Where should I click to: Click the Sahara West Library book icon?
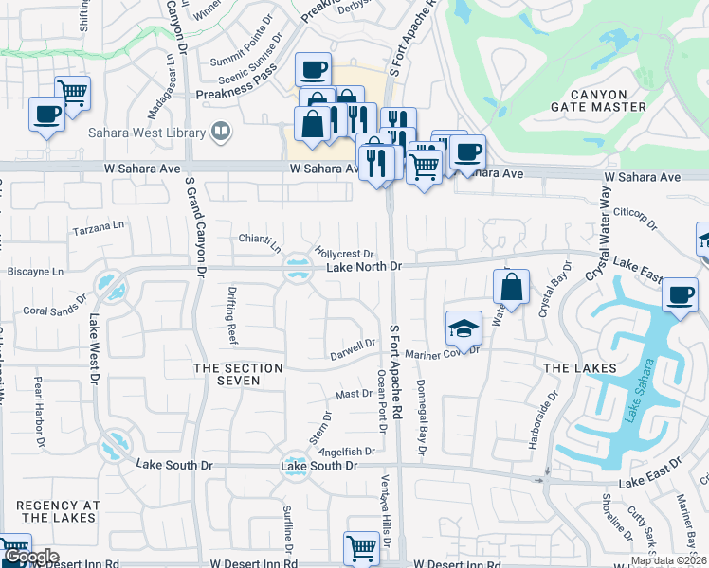click(221, 132)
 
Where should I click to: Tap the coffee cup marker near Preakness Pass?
click(313, 69)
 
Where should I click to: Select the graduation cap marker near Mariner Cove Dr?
click(463, 328)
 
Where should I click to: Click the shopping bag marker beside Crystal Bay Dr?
click(511, 287)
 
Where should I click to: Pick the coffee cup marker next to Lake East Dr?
click(679, 294)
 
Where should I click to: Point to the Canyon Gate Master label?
click(599, 100)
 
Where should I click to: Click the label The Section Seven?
click(238, 374)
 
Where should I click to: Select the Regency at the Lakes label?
click(58, 511)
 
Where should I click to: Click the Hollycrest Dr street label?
click(346, 254)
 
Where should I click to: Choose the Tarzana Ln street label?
click(100, 228)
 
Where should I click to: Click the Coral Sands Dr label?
click(55, 310)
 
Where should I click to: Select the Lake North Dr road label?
click(365, 268)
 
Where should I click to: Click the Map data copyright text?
click(668, 560)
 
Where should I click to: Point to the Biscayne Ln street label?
click(36, 271)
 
